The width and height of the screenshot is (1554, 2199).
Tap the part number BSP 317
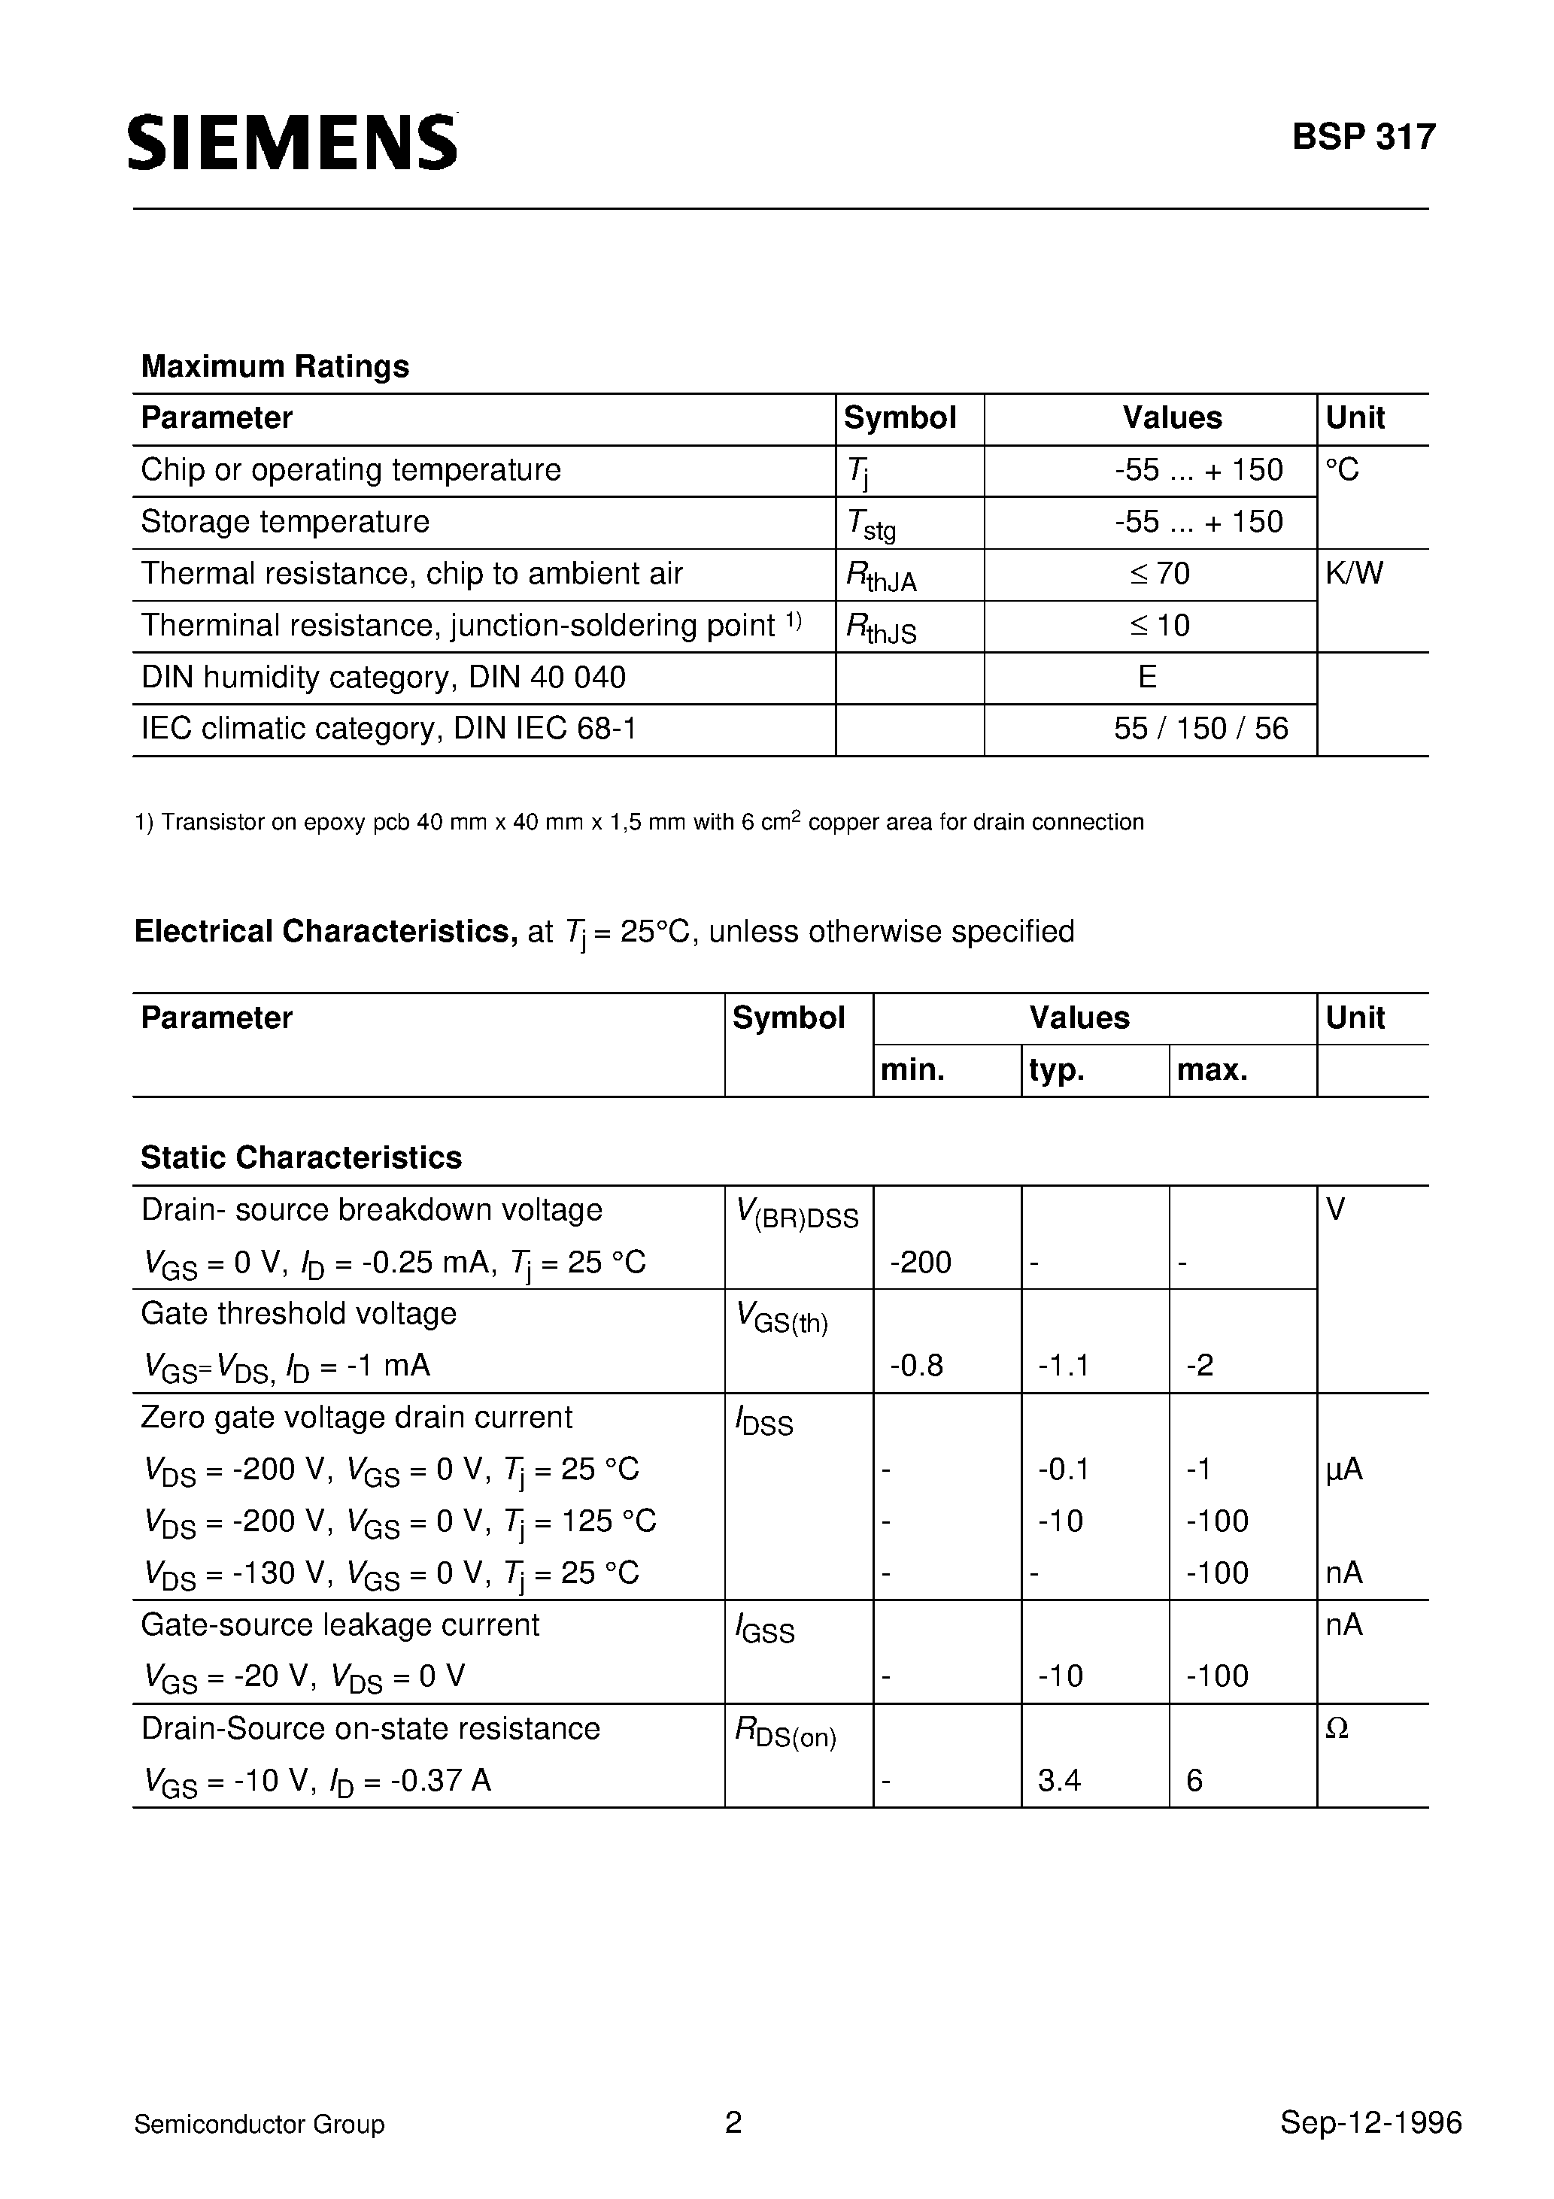(x=1364, y=138)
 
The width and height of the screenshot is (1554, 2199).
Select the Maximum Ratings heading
(x=275, y=365)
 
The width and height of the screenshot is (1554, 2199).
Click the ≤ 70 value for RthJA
(x=1159, y=574)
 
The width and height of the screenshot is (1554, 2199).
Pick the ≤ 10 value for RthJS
(x=1159, y=626)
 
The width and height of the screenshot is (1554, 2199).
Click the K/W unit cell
(x=1354, y=574)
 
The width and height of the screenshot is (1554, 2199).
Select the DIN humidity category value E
(x=1148, y=677)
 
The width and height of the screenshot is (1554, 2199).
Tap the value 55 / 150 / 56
(x=1200, y=729)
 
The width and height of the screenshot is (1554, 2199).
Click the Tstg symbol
(x=871, y=524)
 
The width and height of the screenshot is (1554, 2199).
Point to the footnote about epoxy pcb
(x=639, y=822)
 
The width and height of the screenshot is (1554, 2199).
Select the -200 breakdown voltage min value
(x=921, y=1262)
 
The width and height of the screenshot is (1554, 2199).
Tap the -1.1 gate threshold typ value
(x=1064, y=1365)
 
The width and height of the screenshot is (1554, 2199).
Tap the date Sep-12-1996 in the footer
(x=1370, y=2123)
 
